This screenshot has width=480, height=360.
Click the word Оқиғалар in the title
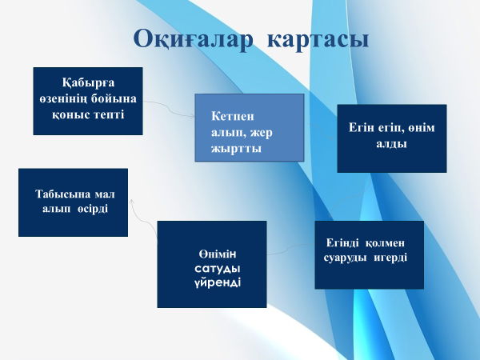[194, 39]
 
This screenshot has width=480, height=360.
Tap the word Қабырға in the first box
[89, 83]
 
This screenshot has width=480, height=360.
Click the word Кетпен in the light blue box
[232, 116]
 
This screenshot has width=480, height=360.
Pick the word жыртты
[236, 149]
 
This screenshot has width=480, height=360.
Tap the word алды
[391, 143]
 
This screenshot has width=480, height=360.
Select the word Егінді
[342, 242]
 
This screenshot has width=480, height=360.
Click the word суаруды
[345, 258]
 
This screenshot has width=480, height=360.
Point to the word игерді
[390, 258]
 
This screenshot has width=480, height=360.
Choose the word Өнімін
[218, 254]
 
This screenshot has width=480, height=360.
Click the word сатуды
[218, 269]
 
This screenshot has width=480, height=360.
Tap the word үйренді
[218, 282]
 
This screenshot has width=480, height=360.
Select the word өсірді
[93, 209]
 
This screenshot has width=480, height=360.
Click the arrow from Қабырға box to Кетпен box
[169, 108]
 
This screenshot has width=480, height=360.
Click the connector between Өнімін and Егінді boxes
[291, 249]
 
